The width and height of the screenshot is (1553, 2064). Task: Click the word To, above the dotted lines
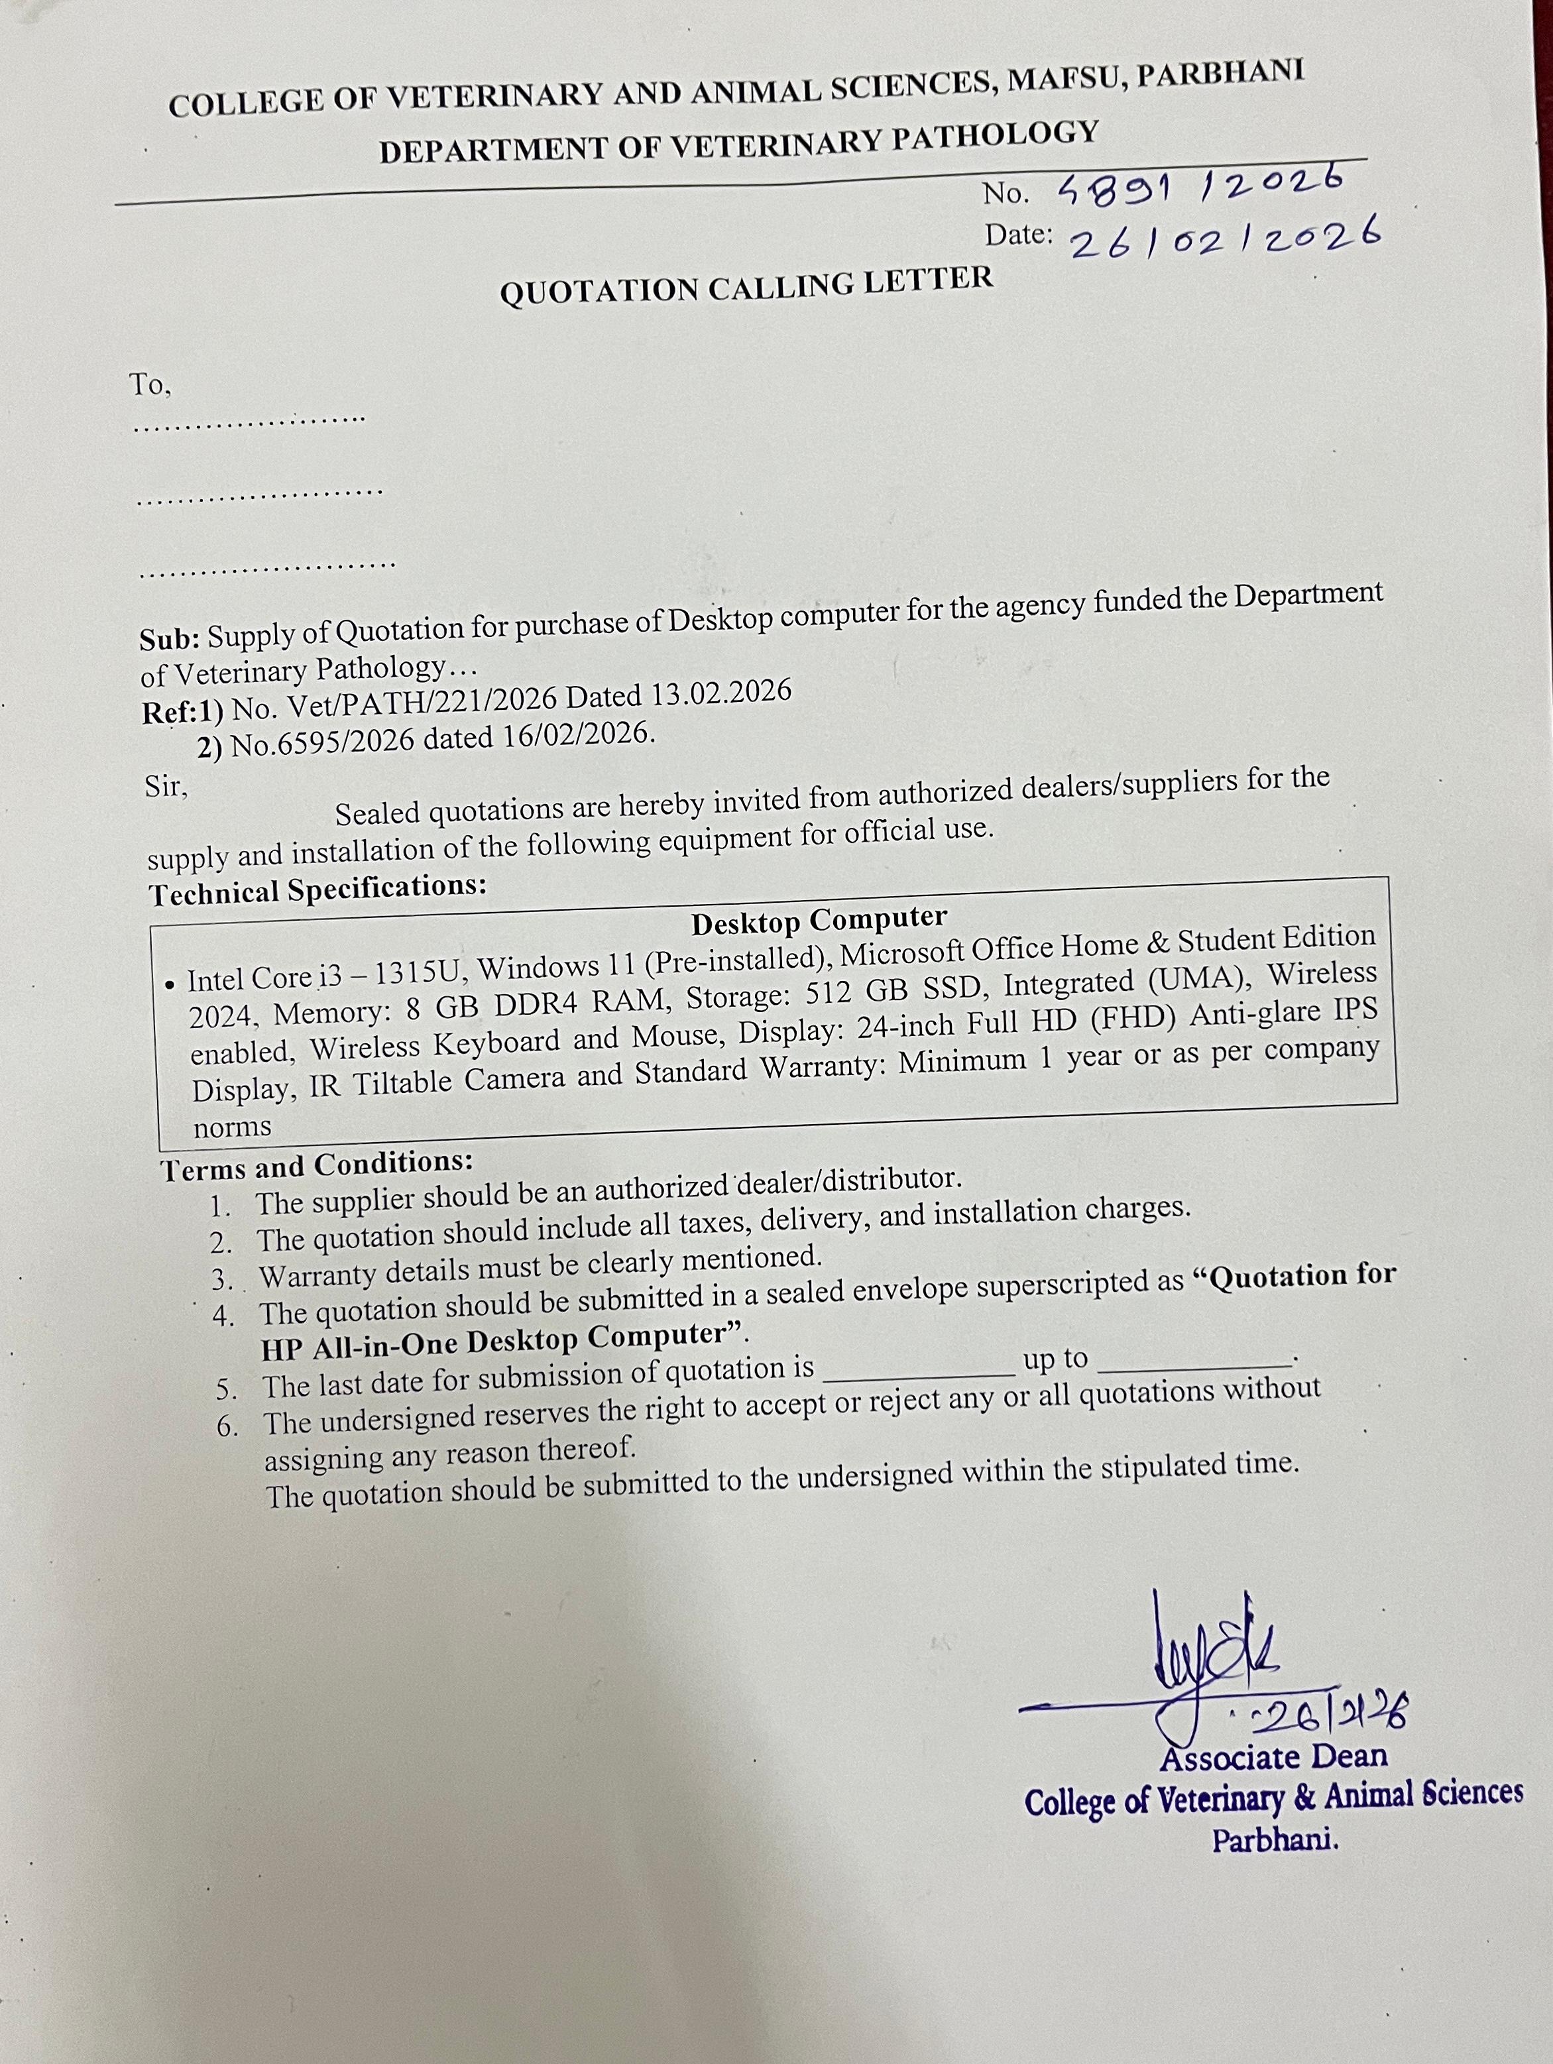pos(150,384)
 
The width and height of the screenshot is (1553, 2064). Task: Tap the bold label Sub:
pos(169,638)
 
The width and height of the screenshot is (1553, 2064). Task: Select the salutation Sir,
pos(166,787)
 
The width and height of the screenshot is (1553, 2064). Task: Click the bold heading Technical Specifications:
pos(317,889)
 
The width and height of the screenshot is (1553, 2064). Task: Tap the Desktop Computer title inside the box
pos(819,920)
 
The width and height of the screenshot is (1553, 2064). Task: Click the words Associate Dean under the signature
pos(1273,1758)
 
